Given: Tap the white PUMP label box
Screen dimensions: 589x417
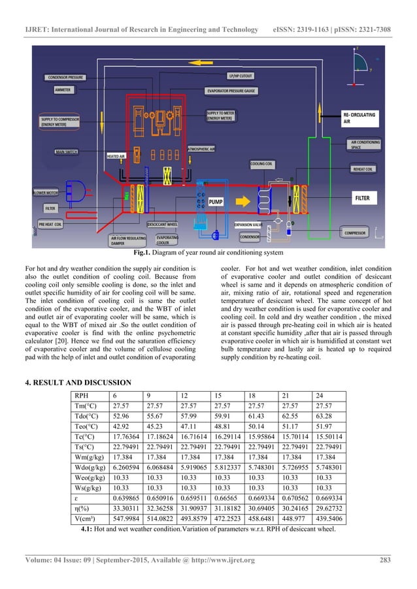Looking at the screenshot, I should [x=216, y=203].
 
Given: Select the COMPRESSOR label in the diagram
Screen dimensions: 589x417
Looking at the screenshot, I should [x=355, y=232].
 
